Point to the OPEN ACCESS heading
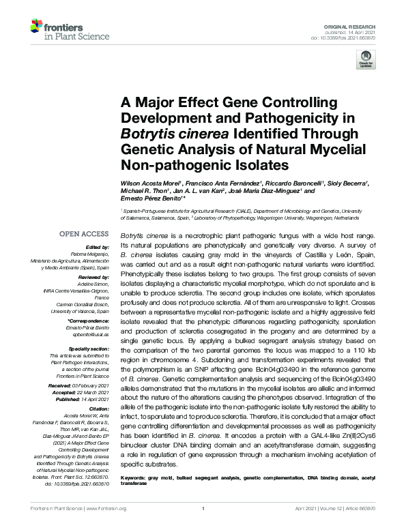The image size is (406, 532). pyautogui.click(x=84, y=234)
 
